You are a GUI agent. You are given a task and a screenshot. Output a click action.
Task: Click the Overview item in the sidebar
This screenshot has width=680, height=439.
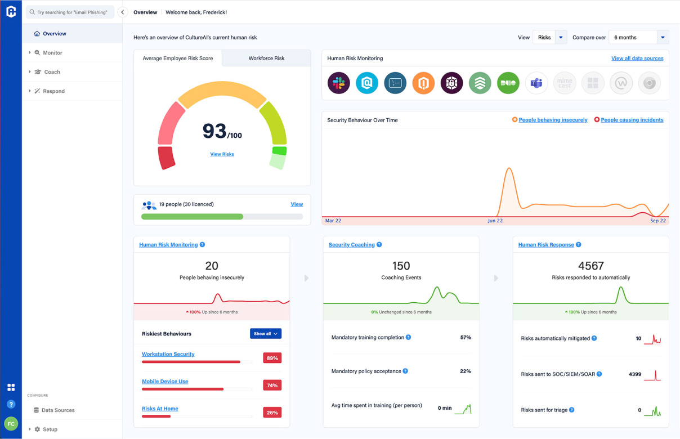[x=54, y=34]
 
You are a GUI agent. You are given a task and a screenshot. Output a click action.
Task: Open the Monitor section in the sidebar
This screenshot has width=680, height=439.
[x=52, y=53]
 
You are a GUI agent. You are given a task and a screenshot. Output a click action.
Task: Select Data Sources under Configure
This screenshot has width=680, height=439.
[x=57, y=410]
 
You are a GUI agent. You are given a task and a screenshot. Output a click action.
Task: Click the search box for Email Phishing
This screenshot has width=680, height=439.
[x=70, y=12]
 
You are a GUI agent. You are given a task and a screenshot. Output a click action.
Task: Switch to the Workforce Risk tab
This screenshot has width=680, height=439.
[x=266, y=58]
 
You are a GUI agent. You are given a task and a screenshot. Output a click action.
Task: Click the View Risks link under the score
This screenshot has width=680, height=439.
[x=222, y=154]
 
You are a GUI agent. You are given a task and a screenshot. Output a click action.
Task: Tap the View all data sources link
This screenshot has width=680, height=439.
[x=637, y=58]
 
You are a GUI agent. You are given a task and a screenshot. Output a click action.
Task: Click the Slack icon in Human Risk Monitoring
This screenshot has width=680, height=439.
[x=339, y=83]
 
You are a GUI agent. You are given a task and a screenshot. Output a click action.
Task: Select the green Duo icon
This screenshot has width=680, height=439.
[x=508, y=83]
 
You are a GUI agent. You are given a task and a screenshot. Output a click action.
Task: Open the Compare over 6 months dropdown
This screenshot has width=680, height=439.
[x=638, y=38]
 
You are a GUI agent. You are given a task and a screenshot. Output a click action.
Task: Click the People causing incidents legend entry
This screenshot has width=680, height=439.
[x=632, y=120]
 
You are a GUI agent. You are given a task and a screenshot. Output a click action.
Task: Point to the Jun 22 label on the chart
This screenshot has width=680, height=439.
[x=495, y=221]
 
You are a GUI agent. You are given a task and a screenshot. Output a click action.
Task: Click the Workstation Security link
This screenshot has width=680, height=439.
[x=168, y=354]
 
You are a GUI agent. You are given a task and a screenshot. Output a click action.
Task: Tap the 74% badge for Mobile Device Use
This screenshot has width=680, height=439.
[x=272, y=386]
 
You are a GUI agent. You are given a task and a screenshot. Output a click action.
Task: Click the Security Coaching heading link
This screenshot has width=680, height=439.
[x=351, y=245]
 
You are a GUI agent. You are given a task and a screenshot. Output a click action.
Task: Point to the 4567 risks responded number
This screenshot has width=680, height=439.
[x=590, y=266]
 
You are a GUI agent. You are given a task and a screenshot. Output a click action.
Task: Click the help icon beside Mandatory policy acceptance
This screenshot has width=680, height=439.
[x=405, y=371]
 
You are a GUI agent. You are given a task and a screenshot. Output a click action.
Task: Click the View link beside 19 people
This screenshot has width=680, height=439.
[x=297, y=204]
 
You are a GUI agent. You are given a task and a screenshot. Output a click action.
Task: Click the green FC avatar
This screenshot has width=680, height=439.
[x=11, y=424]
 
